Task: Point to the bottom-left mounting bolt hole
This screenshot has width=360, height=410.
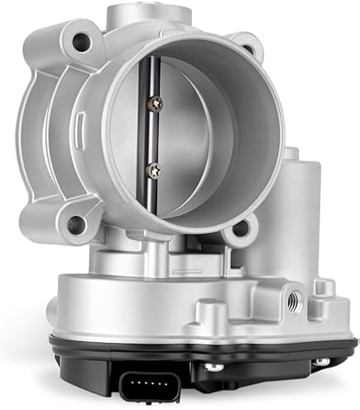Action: [x=74, y=221]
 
